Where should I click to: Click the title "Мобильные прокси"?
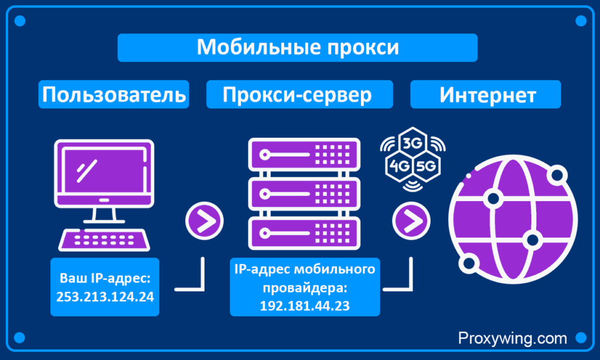coord(298,47)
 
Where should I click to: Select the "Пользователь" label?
coord(114,94)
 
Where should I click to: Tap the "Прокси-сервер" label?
coord(297,94)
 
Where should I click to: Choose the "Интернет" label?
coord(487,94)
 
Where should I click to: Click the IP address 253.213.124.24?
coord(105,297)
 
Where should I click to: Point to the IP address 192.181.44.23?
coord(305,305)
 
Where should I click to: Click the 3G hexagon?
coord(412,143)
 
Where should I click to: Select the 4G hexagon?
coord(399,166)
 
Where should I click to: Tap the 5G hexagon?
coord(427,166)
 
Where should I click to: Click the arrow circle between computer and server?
coord(204,221)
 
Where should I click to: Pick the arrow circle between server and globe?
coord(411,221)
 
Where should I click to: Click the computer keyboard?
coord(104,240)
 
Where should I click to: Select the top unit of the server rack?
coord(304,154)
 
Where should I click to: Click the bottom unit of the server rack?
coord(304,233)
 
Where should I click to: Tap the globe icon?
coord(513,219)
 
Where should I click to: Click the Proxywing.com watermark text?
coord(512,338)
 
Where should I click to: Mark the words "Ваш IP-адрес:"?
coord(105,279)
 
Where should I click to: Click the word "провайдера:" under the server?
coord(305,288)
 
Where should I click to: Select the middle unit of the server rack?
coord(304,194)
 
